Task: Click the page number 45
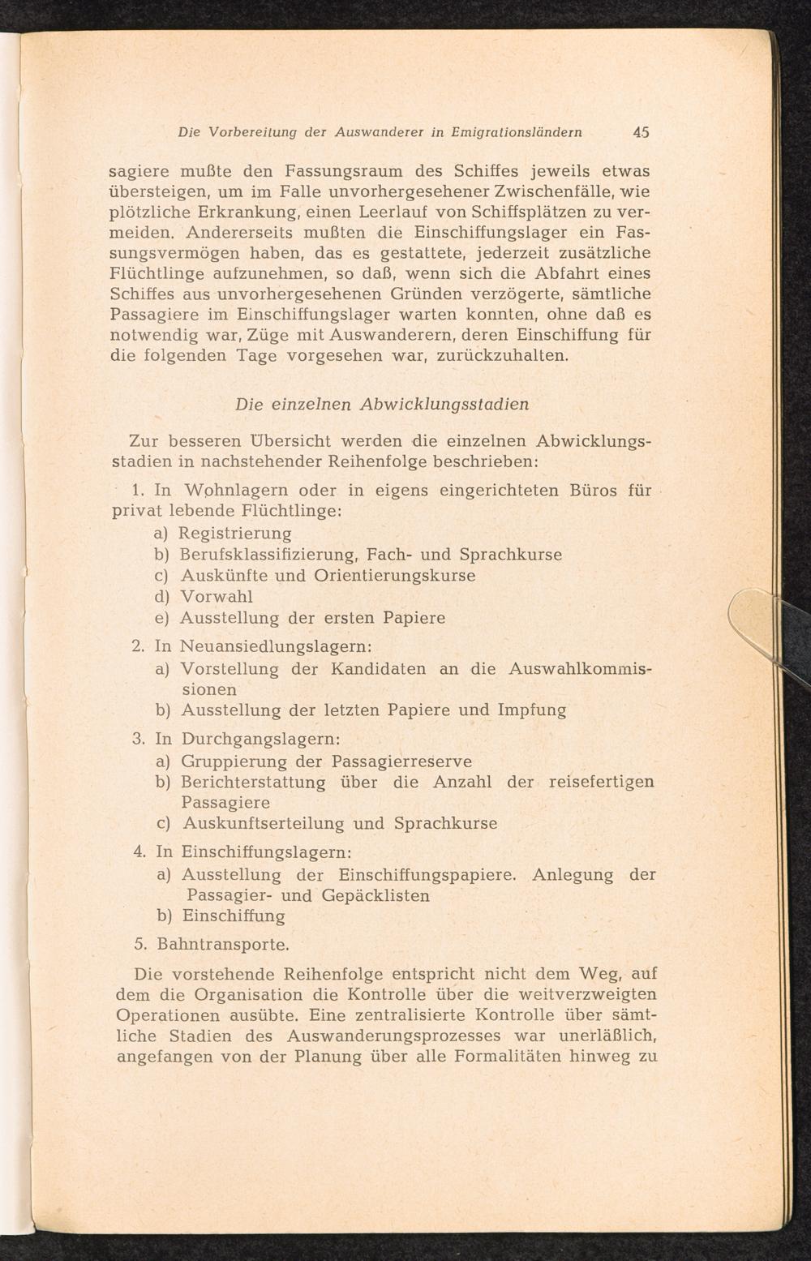641,132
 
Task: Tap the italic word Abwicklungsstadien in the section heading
444,404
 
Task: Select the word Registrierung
235,534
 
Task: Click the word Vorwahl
217,596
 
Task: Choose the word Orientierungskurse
394,576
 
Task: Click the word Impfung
531,710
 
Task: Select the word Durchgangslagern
260,740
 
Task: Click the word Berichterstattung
253,783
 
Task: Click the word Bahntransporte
223,945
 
